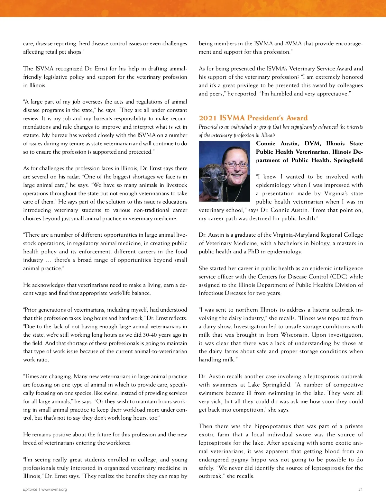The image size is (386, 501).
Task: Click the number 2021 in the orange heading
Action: (208, 118)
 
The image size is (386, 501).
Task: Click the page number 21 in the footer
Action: (360, 489)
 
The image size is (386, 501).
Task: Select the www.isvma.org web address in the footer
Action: (54, 489)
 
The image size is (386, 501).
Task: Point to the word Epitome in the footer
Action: (30, 489)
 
